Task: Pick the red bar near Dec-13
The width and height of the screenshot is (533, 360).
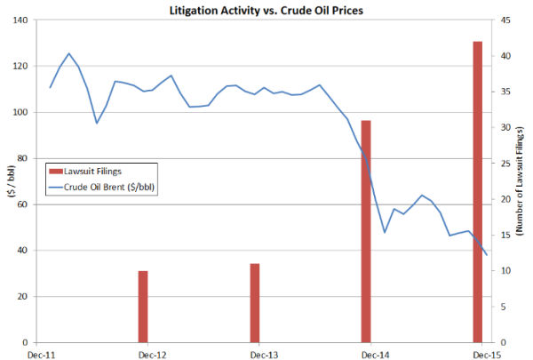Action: tap(254, 303)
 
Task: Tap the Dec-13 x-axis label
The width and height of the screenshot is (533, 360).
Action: tap(264, 355)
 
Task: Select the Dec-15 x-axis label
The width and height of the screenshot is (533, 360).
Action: tap(484, 355)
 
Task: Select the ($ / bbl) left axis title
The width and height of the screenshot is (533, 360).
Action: tap(8, 181)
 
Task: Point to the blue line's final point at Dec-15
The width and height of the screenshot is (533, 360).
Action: tap(486, 255)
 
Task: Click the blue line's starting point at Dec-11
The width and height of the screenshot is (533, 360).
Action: tap(50, 87)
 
